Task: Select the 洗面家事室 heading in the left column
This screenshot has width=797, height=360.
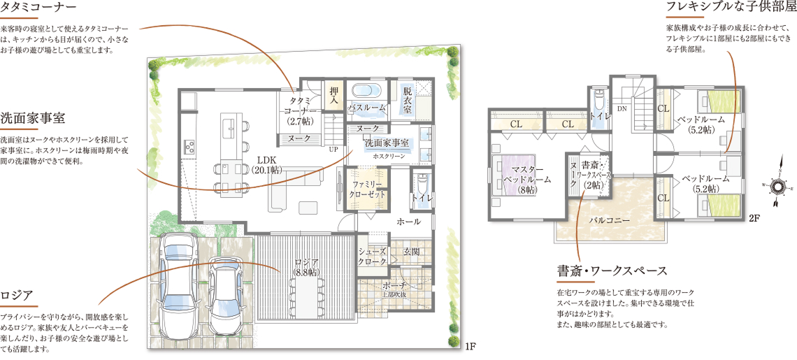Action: pyautogui.click(x=32, y=117)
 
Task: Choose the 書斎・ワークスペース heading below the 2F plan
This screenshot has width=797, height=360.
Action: pyautogui.click(x=612, y=270)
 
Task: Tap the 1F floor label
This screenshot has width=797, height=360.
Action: pyautogui.click(x=471, y=348)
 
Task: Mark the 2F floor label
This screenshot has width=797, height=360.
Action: pyautogui.click(x=754, y=219)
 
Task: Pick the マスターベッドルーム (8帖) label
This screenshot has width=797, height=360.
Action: pyautogui.click(x=523, y=178)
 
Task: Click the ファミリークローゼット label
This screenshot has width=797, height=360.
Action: pyautogui.click(x=368, y=189)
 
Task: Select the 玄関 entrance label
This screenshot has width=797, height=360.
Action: pyautogui.click(x=410, y=251)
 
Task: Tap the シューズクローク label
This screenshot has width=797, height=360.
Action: pyautogui.click(x=373, y=256)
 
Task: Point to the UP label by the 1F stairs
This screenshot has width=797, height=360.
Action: pyautogui.click(x=333, y=150)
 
